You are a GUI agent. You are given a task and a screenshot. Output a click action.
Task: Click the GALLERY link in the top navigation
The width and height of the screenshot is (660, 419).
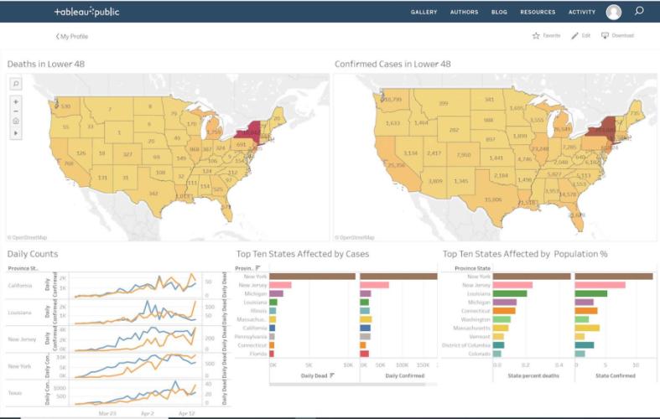click(424, 13)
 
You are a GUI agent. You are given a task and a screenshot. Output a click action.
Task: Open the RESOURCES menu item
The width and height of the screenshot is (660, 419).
click(538, 13)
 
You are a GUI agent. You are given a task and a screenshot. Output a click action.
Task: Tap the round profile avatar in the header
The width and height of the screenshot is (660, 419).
click(614, 12)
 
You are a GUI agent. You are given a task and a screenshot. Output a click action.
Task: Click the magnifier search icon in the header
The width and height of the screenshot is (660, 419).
click(640, 12)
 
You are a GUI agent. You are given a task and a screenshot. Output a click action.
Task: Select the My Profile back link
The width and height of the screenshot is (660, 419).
click(72, 36)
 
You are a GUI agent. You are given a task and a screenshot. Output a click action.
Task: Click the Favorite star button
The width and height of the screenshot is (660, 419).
click(546, 36)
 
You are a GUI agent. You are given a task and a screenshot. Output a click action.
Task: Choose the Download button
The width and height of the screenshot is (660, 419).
click(617, 36)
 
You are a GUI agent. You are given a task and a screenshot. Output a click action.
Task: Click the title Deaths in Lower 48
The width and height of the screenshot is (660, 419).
click(45, 64)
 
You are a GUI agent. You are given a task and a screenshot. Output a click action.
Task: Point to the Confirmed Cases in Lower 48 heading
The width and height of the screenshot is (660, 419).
click(392, 64)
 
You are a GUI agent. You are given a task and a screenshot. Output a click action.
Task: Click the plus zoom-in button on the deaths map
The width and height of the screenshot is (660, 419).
click(16, 102)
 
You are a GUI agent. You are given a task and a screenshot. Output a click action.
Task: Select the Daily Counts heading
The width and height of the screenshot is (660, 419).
click(33, 253)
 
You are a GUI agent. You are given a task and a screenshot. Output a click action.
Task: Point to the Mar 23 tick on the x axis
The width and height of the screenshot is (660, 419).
click(107, 413)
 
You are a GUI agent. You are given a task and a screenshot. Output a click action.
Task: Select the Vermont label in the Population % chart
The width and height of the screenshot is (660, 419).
click(479, 336)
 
